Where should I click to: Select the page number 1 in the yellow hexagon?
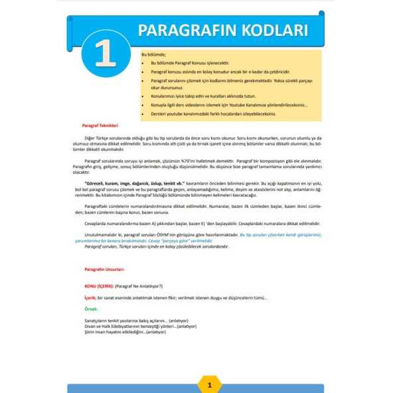(x=209, y=384)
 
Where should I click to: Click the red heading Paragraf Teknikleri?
(x=100, y=124)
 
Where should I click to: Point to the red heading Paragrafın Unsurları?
(x=104, y=269)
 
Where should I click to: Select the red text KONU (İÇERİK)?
(x=98, y=285)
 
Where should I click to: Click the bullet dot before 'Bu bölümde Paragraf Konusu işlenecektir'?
(x=144, y=62)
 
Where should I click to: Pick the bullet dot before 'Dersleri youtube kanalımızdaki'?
(x=144, y=114)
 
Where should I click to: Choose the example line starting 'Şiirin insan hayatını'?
(x=120, y=332)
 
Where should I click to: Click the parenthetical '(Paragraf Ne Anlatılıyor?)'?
(x=139, y=285)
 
